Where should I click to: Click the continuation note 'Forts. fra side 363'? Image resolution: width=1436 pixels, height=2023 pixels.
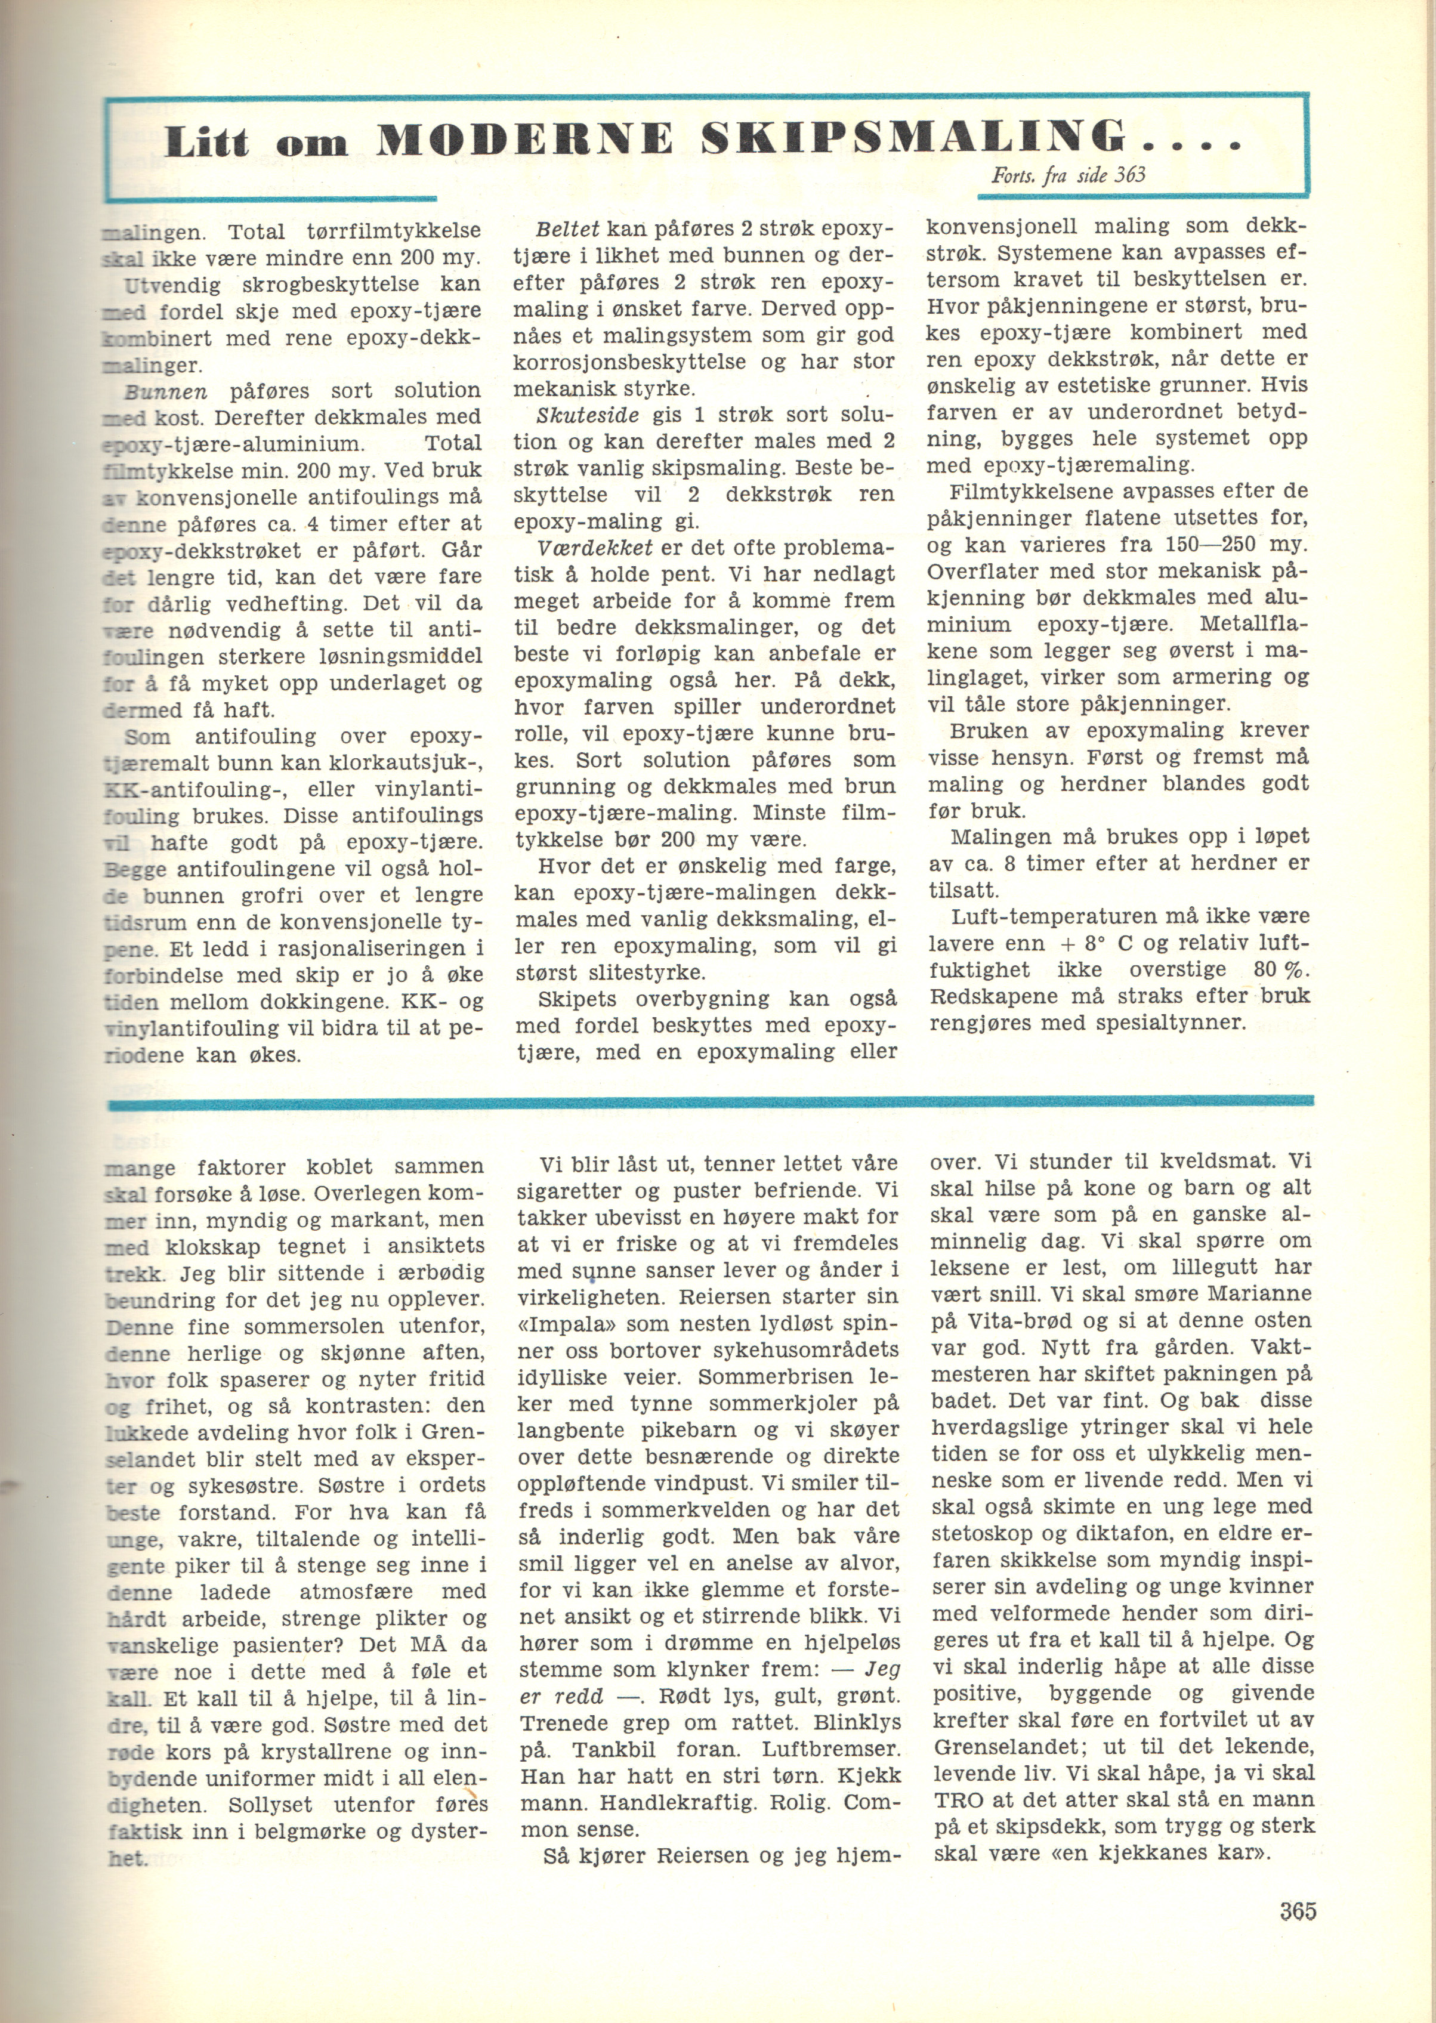point(1068,174)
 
